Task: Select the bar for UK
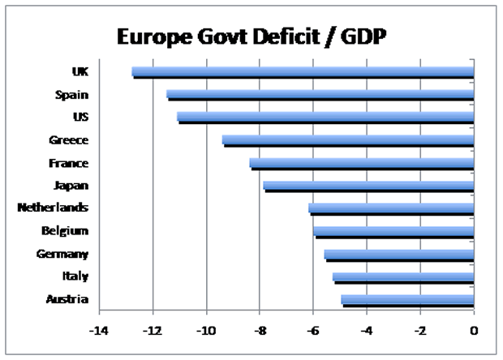(x=303, y=72)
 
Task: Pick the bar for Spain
(x=320, y=95)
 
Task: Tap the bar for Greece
(x=348, y=140)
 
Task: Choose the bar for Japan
(x=368, y=186)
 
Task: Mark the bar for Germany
(x=399, y=255)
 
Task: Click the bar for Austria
(x=408, y=300)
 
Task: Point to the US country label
(x=80, y=117)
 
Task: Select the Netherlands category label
(x=53, y=208)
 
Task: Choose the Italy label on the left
(x=75, y=276)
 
